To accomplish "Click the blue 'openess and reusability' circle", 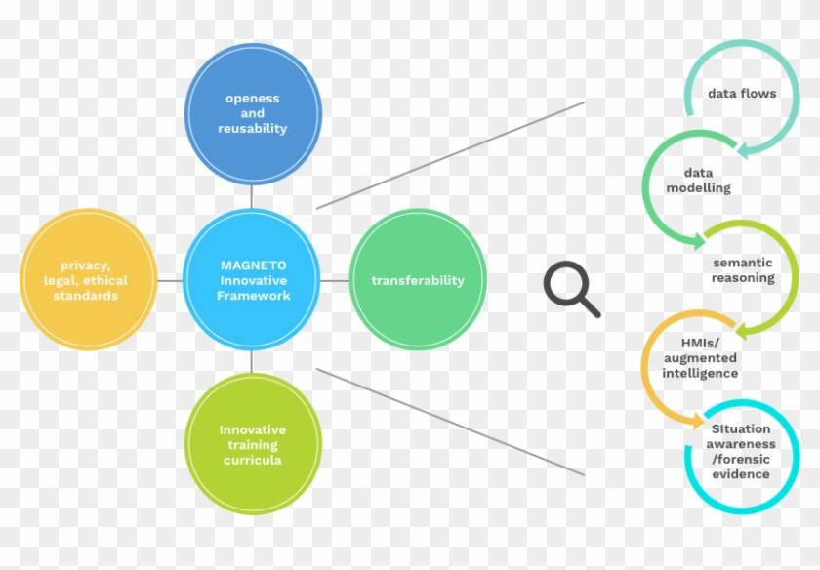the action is coord(253,113).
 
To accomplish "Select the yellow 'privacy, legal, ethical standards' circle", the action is coord(89,280).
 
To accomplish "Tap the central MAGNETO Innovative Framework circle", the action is coord(252,280).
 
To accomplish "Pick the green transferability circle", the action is coord(418,280).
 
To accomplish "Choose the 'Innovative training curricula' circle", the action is coord(253,444).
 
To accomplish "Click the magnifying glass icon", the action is coord(572,289).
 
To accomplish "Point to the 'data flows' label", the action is coord(742,94).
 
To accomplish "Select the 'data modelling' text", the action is coord(698,181).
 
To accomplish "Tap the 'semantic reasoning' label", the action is coord(743,269).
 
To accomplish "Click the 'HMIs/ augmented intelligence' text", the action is coord(700,358).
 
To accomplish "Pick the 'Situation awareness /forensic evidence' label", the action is coord(741,451).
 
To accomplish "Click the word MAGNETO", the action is coord(253,265).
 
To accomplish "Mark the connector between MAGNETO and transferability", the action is coord(335,281).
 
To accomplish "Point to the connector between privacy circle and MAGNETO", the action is coord(170,281).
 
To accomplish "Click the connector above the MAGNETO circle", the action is coord(252,196).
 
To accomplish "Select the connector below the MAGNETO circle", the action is coord(252,362).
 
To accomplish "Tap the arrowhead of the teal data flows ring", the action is coord(743,151).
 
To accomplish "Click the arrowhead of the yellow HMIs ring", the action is coord(699,421).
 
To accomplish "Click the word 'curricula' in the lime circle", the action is coord(253,460).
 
